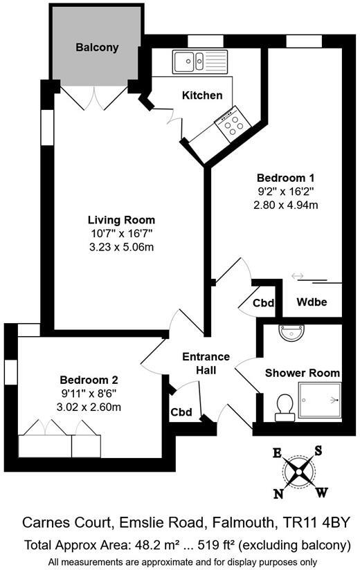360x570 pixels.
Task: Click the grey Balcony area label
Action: coord(97,48)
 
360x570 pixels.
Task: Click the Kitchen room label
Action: coord(202,95)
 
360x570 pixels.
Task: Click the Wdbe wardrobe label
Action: coord(311,302)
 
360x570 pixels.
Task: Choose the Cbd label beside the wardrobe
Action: coord(264,302)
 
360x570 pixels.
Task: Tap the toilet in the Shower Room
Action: coord(284,406)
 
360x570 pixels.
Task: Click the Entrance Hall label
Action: coord(206,364)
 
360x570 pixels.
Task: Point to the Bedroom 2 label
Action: coord(89,380)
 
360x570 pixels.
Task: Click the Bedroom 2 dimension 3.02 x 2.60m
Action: coord(89,407)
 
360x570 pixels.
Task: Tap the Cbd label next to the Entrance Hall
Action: coord(181,412)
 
